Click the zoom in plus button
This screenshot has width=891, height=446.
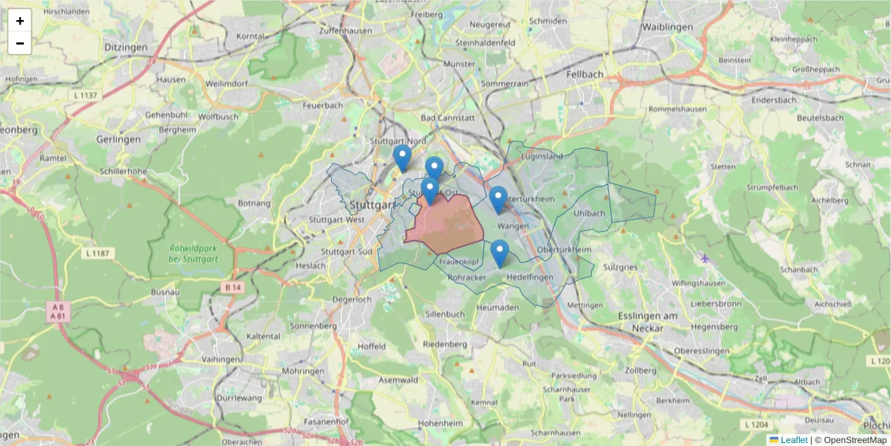tap(20, 21)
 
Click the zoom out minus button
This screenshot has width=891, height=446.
tap(20, 43)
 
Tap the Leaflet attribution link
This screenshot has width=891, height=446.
tap(793, 440)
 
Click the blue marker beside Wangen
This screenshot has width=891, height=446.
tap(498, 199)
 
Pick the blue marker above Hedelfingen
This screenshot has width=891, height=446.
tap(500, 253)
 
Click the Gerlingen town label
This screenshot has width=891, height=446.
tap(119, 139)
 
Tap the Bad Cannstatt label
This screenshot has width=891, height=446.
tap(447, 117)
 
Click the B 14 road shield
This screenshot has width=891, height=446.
tap(232, 287)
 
